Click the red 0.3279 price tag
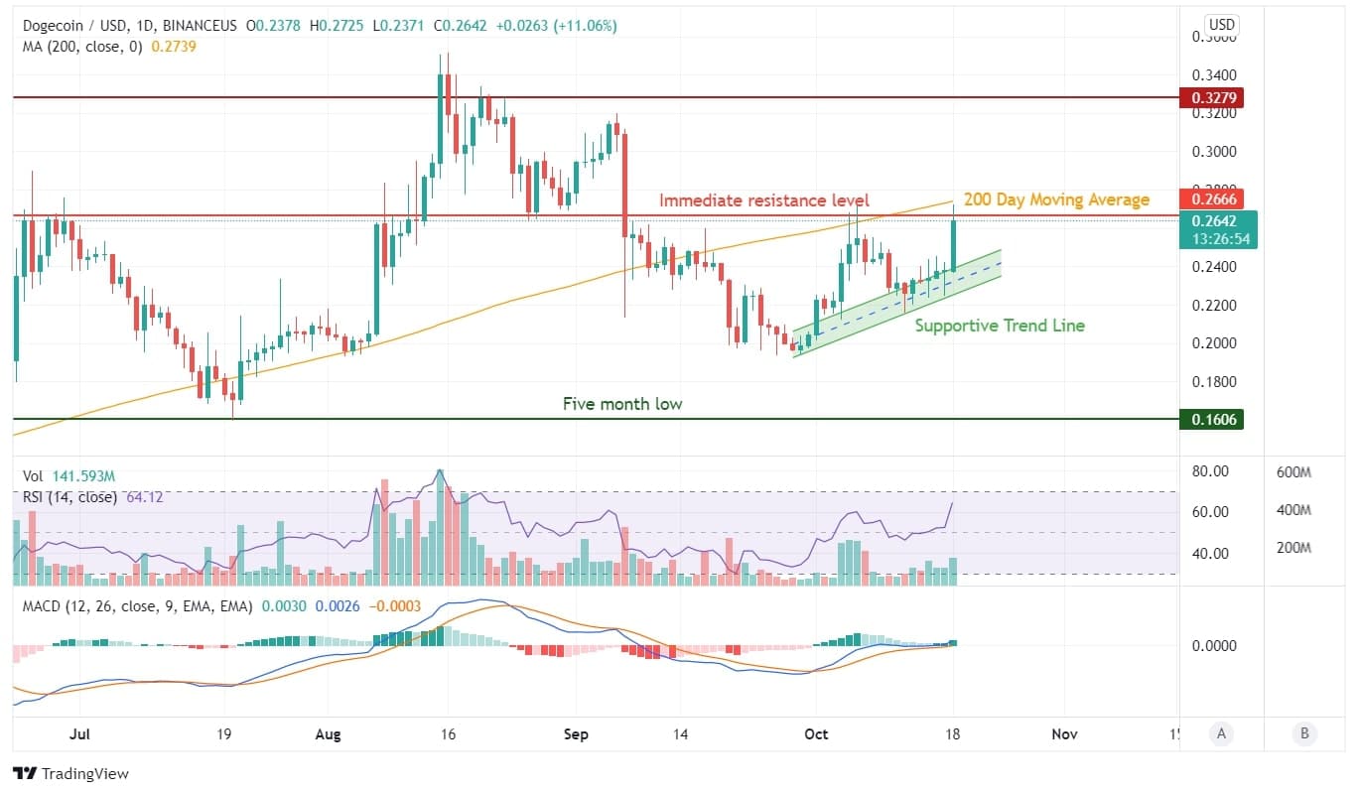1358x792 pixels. (1210, 97)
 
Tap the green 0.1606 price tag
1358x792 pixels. (1210, 420)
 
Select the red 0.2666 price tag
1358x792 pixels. (1210, 198)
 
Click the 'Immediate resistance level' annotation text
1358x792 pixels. (763, 200)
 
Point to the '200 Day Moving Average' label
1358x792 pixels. (1056, 200)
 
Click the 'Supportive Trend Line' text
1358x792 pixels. (999, 326)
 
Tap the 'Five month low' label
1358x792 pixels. (622, 404)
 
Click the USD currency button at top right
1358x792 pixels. (1221, 25)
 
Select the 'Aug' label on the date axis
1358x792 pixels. (328, 734)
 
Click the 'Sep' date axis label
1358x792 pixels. (576, 734)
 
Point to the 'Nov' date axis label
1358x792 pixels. (1064, 734)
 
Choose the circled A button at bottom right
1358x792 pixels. (1221, 734)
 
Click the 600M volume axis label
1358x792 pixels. (1294, 472)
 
